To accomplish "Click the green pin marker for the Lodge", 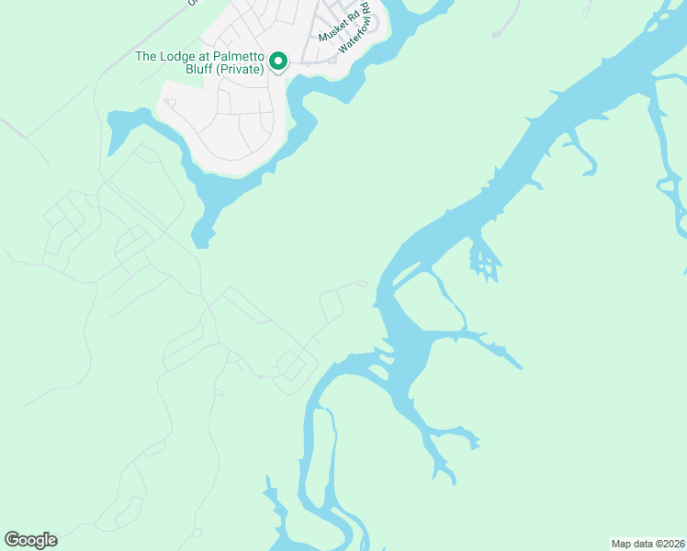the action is click(277, 62).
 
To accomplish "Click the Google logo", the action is click(30, 540).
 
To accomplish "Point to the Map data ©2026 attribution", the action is click(648, 544).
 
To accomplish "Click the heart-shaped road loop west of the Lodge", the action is click(170, 102).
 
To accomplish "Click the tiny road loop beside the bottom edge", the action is click(197, 534).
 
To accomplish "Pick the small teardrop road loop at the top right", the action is click(588, 10).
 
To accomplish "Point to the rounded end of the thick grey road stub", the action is click(497, 35).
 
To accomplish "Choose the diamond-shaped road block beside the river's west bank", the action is click(293, 365).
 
